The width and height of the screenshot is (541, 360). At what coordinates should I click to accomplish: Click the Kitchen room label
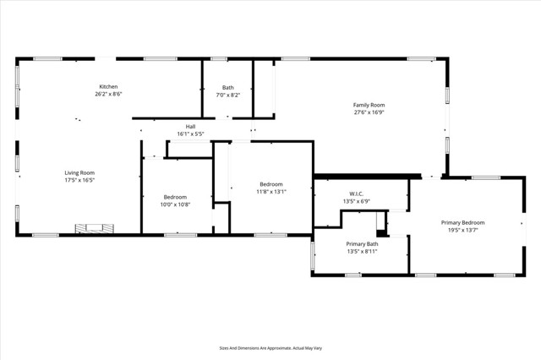click(x=108, y=87)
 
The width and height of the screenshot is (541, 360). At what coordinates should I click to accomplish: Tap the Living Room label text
click(x=79, y=173)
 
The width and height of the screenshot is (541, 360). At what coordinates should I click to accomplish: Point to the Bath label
click(x=228, y=87)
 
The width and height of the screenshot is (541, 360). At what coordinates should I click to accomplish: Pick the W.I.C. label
click(x=356, y=194)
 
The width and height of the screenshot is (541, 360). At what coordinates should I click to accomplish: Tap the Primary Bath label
click(x=361, y=243)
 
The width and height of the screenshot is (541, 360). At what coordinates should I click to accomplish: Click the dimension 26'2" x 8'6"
click(x=108, y=94)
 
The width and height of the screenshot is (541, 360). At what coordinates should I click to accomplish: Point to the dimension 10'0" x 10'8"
click(x=175, y=204)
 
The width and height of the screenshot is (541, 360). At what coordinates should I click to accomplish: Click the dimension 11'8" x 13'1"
click(x=271, y=191)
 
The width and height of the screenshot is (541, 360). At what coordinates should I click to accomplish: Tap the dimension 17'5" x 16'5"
click(x=79, y=180)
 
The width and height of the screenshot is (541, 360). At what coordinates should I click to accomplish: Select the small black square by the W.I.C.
click(x=381, y=232)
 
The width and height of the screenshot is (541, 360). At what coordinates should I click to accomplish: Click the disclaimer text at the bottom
click(x=270, y=347)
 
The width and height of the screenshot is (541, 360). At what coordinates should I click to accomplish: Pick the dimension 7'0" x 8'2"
click(x=228, y=95)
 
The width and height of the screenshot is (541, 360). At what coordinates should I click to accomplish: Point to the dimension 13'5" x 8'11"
click(x=361, y=251)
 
